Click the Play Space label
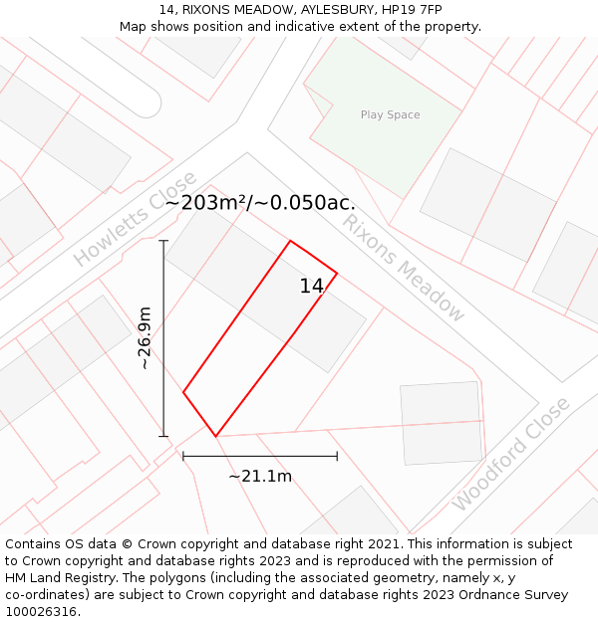point(390,115)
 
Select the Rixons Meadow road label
point(404,267)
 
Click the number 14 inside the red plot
point(311,287)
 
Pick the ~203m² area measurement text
point(206,203)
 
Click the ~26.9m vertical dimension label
point(146,338)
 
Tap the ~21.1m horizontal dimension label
point(260,477)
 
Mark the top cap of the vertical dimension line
point(163,241)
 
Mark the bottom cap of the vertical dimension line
point(163,436)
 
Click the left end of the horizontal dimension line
point(183,456)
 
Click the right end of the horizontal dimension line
point(337,456)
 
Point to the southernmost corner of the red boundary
point(215,436)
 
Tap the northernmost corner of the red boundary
point(290,241)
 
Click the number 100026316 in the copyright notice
point(42,612)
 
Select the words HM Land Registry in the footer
point(52,578)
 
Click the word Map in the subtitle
point(134,27)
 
